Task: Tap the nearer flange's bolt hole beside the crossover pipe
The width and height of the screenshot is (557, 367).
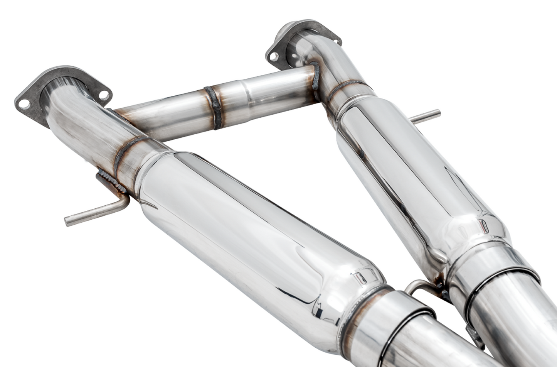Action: [103, 94]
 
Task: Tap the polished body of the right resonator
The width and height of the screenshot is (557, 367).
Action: [412, 170]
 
